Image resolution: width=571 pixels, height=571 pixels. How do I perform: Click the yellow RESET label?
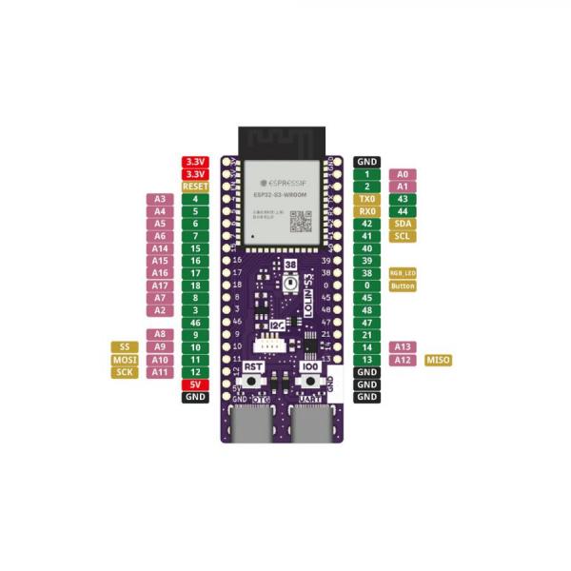[195, 187]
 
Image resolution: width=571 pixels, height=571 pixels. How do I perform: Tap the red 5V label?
[195, 384]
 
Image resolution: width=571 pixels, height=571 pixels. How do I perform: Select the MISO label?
[439, 360]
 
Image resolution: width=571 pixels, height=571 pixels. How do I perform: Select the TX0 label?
[366, 199]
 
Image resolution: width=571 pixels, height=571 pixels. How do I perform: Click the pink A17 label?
[160, 285]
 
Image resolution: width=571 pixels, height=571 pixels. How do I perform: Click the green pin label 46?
[195, 323]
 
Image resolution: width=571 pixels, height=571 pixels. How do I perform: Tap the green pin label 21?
[366, 335]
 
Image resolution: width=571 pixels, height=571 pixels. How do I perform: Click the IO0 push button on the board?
[310, 381]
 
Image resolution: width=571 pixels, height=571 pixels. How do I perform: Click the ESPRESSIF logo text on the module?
[276, 179]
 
